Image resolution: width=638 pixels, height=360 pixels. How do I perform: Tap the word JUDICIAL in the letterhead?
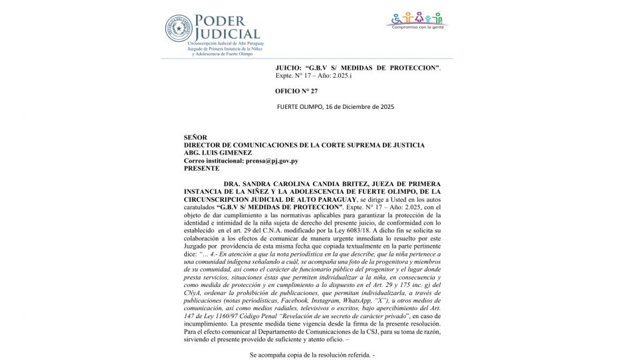tap(227, 33)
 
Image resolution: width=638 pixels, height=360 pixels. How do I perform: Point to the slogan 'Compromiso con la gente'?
tap(417, 27)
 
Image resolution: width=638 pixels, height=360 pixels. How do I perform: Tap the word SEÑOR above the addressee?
tap(196, 137)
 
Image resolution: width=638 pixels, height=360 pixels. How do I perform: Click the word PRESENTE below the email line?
tap(201, 169)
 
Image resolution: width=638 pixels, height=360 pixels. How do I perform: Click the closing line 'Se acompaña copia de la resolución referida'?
tap(312, 355)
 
